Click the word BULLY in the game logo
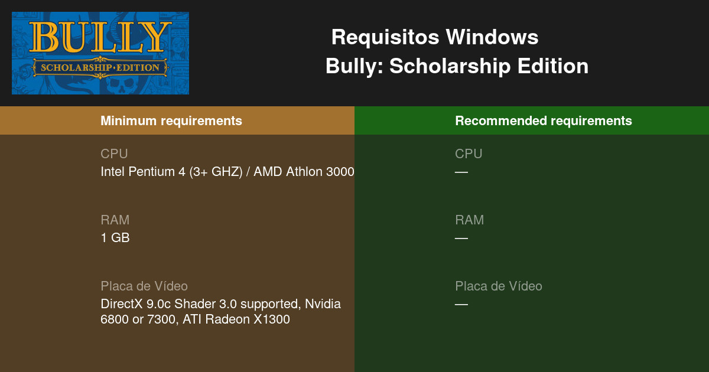tap(100, 37)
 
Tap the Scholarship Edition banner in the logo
tap(100, 67)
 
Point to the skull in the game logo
tap(121, 86)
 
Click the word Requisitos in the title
tap(385, 38)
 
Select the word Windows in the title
tap(492, 37)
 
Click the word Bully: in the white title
tap(354, 67)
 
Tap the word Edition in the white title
tap(553, 66)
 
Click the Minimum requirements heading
tap(171, 121)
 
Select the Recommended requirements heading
tap(544, 121)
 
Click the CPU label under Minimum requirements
tap(114, 154)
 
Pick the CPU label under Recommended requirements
tap(469, 154)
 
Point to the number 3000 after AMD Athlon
tap(340, 172)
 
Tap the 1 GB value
tap(115, 238)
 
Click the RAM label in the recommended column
tap(470, 220)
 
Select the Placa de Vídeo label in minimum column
tap(144, 286)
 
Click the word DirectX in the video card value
tap(122, 304)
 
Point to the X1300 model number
tap(272, 319)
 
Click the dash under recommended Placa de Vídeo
tap(461, 305)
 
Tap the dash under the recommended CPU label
tap(461, 172)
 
